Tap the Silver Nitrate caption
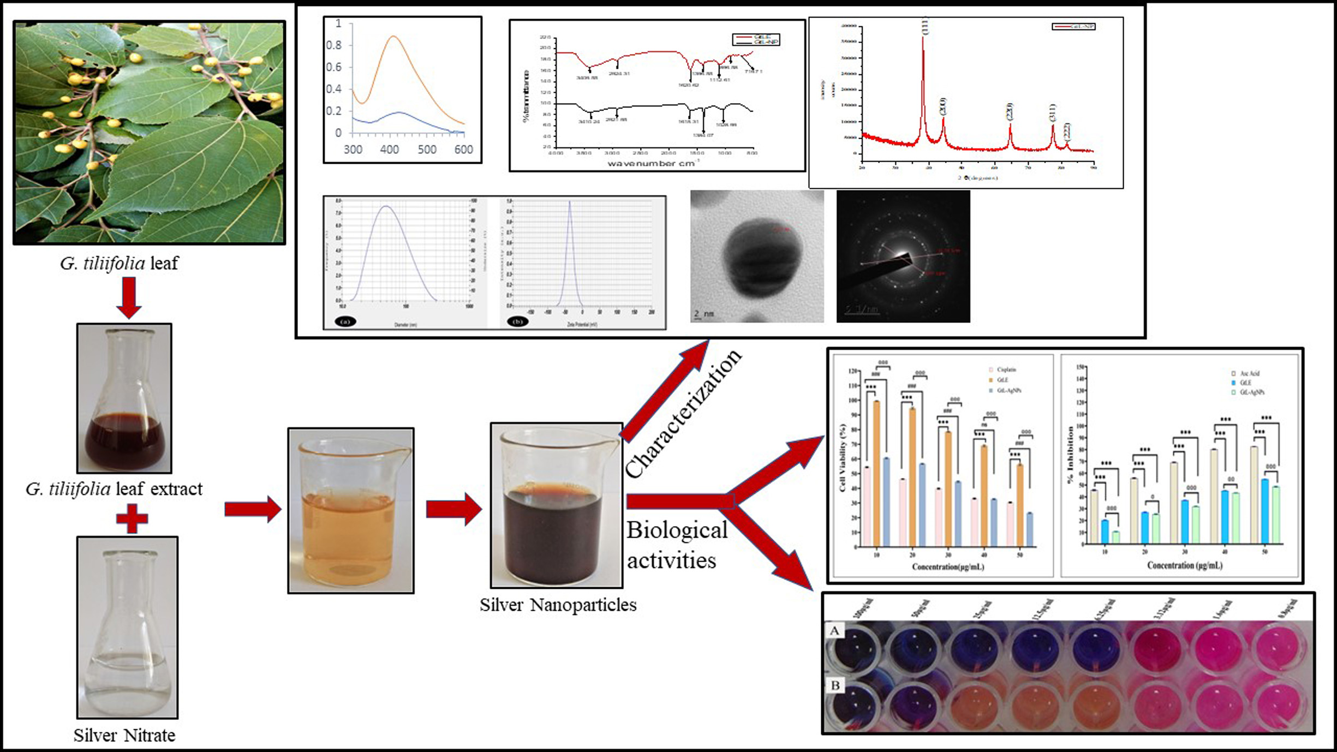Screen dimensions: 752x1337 124,736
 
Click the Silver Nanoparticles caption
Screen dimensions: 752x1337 558,605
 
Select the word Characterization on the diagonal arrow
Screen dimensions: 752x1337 683,414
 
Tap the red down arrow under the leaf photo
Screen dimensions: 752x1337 129,297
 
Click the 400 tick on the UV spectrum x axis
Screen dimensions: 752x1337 389,150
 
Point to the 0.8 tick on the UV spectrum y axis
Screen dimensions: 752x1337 334,45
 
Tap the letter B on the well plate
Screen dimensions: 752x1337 835,685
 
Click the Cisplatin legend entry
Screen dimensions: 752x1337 1006,370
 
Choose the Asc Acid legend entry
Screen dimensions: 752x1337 1249,374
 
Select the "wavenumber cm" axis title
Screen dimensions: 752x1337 651,163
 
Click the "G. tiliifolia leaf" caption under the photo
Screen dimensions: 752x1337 119,264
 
